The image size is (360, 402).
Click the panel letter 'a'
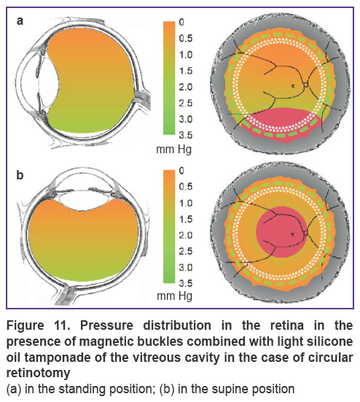[x=20, y=21]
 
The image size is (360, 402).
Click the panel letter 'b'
[x=20, y=175]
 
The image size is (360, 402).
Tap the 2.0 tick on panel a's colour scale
[x=186, y=87]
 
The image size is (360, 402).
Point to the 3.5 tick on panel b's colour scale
[x=186, y=284]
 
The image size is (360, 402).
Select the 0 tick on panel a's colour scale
[x=181, y=23]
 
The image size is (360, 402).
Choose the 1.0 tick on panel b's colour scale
[x=186, y=203]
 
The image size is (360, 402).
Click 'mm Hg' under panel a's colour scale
[x=174, y=150]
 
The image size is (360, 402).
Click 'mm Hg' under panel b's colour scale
[x=174, y=296]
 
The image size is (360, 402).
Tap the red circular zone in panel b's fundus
[x=281, y=232]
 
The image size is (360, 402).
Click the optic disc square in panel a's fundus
[x=305, y=84]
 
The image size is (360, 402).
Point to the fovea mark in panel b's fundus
[x=293, y=233]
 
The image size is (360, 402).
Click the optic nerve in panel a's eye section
[x=142, y=98]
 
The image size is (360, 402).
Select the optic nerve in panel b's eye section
[x=67, y=293]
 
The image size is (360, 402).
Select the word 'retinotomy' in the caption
[x=38, y=373]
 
